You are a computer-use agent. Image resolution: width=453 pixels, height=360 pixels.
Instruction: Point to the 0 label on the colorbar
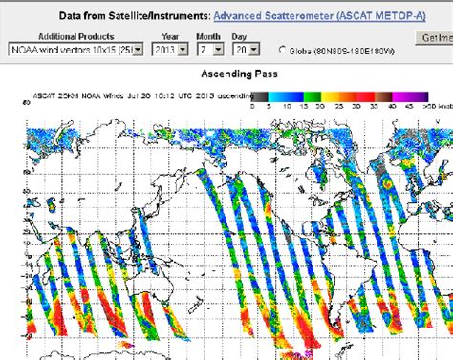click(254, 107)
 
